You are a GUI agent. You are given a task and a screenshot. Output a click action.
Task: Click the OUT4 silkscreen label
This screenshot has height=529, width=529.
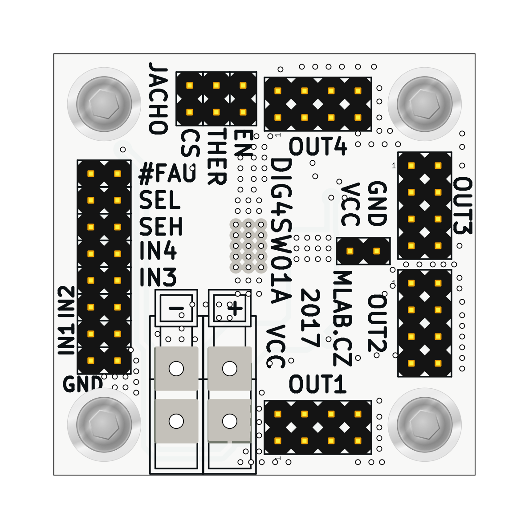317,146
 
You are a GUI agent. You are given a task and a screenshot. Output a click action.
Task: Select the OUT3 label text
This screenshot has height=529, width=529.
463,205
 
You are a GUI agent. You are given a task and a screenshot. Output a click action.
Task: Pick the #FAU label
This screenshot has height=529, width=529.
167,174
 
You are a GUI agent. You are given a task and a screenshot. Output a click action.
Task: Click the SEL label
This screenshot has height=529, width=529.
160,200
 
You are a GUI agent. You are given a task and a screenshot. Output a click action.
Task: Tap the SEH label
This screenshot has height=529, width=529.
161,227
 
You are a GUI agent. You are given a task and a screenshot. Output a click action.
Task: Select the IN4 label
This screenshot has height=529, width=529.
158,252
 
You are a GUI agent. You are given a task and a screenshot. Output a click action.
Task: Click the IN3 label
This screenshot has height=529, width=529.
158,277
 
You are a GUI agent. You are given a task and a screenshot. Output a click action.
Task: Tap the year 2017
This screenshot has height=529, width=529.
310,318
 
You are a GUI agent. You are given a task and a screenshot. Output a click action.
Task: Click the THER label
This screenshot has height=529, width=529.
218,157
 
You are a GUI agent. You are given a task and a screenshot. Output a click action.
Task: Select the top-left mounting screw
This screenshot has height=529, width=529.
104,104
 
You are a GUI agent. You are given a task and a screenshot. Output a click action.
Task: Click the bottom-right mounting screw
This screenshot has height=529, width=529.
425,424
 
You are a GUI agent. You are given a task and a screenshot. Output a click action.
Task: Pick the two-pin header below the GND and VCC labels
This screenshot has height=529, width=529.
363,251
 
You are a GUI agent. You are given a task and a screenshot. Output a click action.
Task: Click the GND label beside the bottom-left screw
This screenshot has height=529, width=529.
83,384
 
